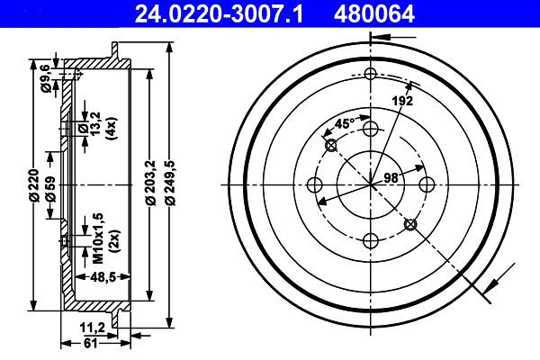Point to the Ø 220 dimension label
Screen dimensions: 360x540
32,184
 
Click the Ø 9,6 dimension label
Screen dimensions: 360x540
44,74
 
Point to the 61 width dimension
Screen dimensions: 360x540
89,343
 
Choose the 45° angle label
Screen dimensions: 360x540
344,124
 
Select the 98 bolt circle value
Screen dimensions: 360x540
391,177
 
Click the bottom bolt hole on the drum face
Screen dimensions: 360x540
370,239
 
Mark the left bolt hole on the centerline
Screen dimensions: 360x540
314,184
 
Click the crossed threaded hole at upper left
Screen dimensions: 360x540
330,145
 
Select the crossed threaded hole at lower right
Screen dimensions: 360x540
410,224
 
